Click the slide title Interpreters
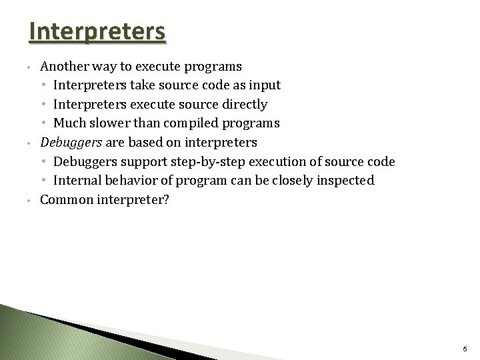97,32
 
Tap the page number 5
465,350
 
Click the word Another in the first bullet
61,67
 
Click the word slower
107,123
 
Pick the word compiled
194,123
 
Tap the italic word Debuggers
67,143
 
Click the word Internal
77,181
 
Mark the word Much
69,123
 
